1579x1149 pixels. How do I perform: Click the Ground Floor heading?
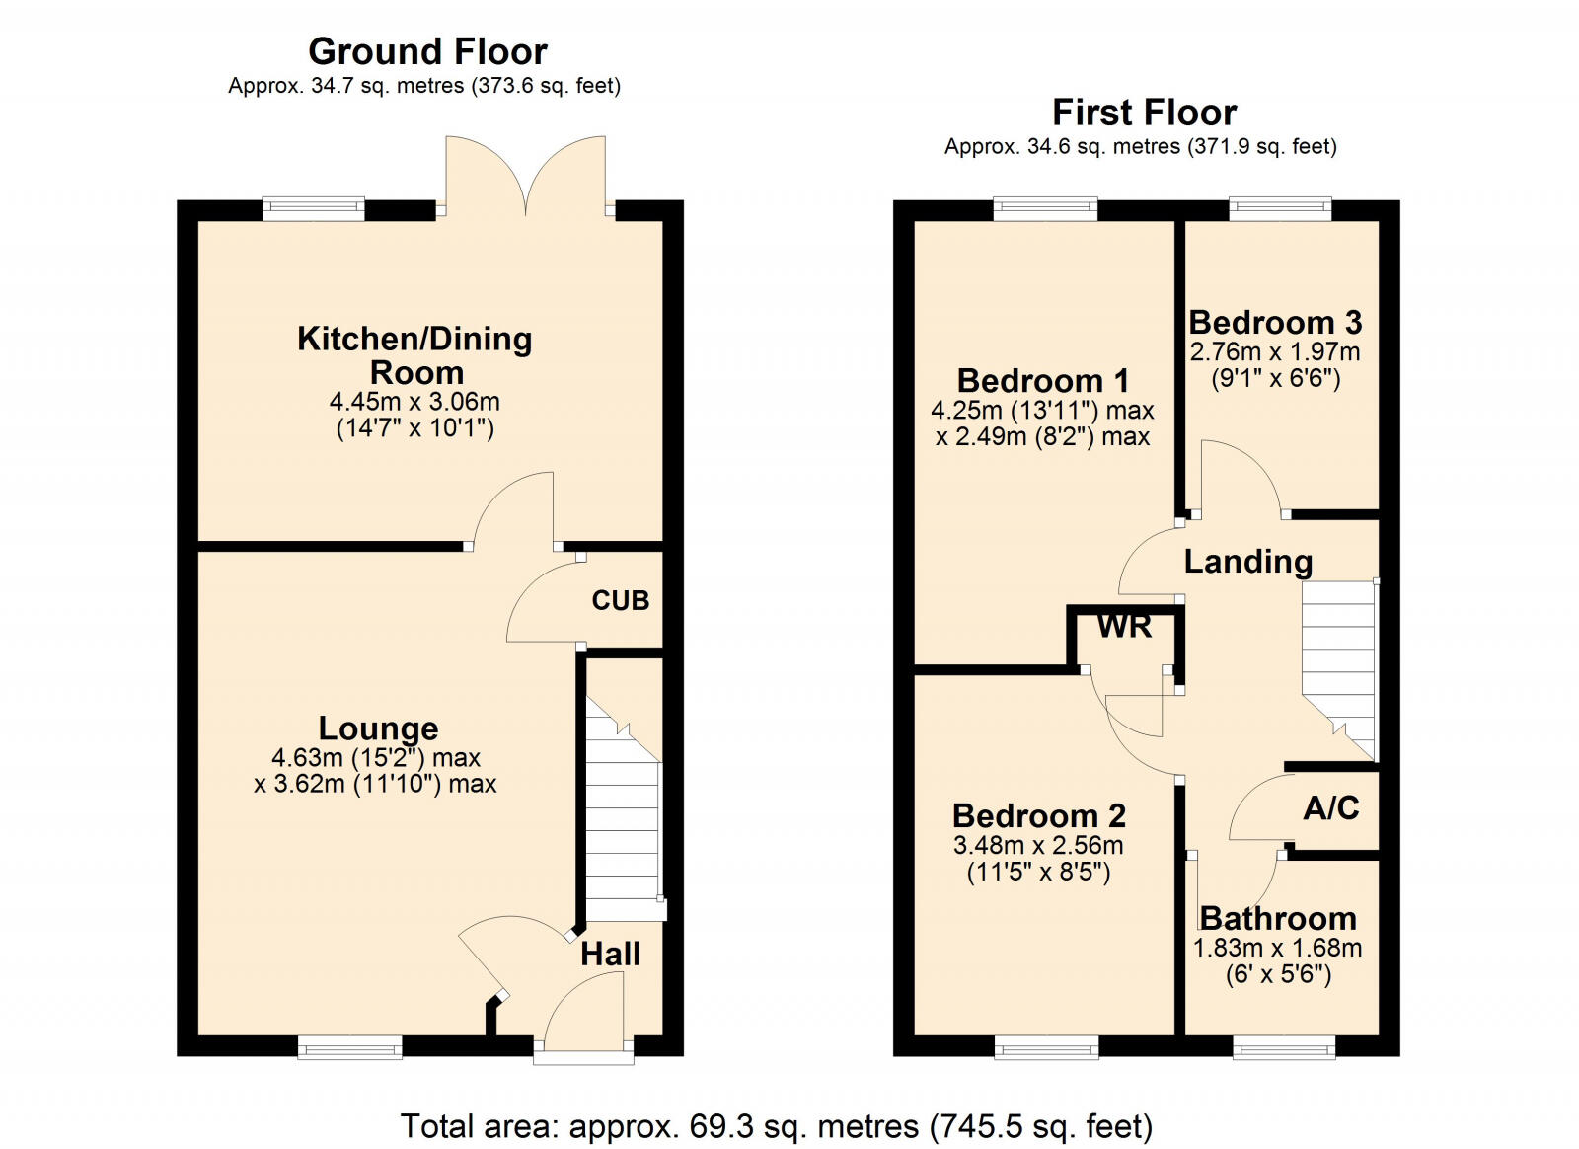point(427,51)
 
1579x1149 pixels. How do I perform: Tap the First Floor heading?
point(1144,113)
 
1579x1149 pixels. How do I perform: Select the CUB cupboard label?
point(620,600)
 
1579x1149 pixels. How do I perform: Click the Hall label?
point(610,954)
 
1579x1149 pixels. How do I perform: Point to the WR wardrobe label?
point(1124,626)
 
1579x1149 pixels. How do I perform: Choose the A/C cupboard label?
point(1330,808)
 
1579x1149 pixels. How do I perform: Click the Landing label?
point(1247,562)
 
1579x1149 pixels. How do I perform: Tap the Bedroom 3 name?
point(1275,322)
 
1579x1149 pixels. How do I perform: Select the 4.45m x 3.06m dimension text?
point(414,402)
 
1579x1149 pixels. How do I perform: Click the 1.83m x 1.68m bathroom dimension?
point(1277,949)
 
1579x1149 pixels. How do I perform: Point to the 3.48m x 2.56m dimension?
point(1038,845)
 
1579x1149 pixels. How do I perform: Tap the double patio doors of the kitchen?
point(526,178)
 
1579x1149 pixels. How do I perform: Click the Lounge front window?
point(349,1046)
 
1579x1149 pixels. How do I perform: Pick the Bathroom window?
point(1283,1046)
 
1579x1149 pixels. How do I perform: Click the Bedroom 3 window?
point(1280,208)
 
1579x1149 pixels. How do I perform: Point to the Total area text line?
point(776,1125)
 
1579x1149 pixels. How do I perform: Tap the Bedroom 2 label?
point(1038,815)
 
